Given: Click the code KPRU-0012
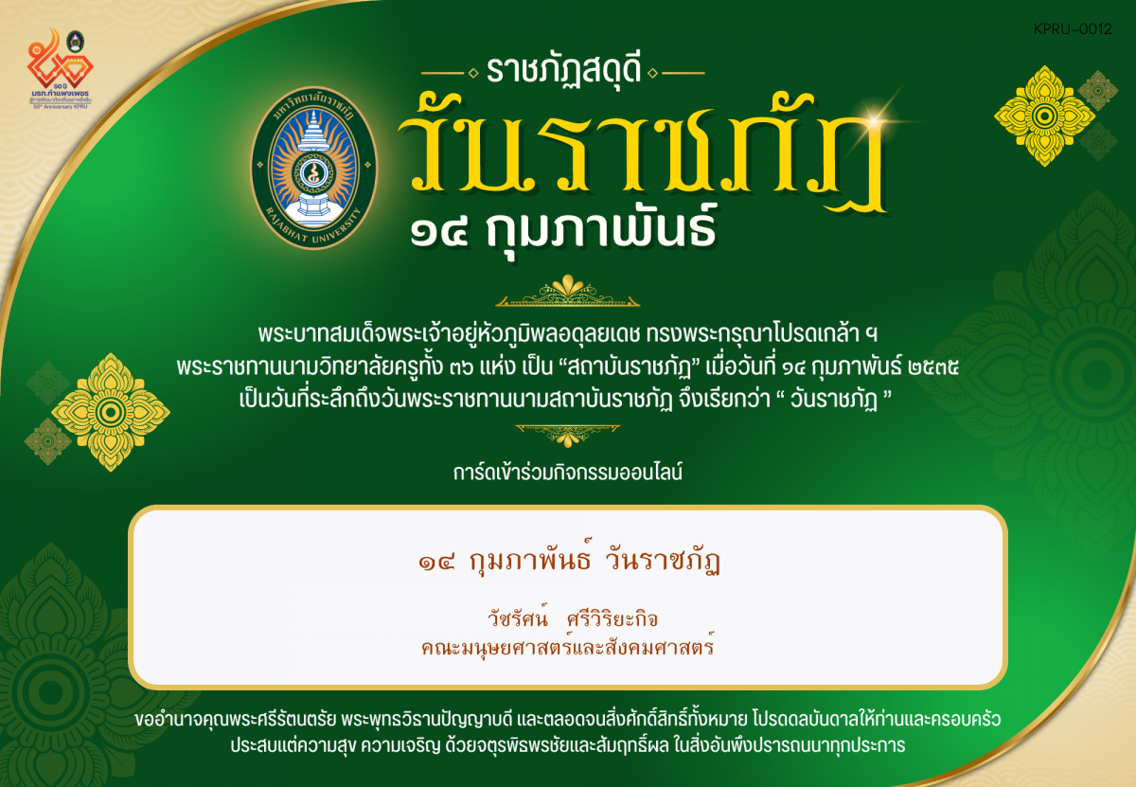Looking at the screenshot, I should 1074,29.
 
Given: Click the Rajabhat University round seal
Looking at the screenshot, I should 314,168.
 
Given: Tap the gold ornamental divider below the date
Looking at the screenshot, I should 568,292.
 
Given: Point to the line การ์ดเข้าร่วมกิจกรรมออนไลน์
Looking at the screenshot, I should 568,470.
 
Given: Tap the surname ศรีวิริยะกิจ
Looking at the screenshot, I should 611,619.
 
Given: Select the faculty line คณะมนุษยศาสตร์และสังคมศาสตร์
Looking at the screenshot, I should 568,649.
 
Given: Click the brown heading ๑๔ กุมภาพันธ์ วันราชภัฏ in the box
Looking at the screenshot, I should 568,563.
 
